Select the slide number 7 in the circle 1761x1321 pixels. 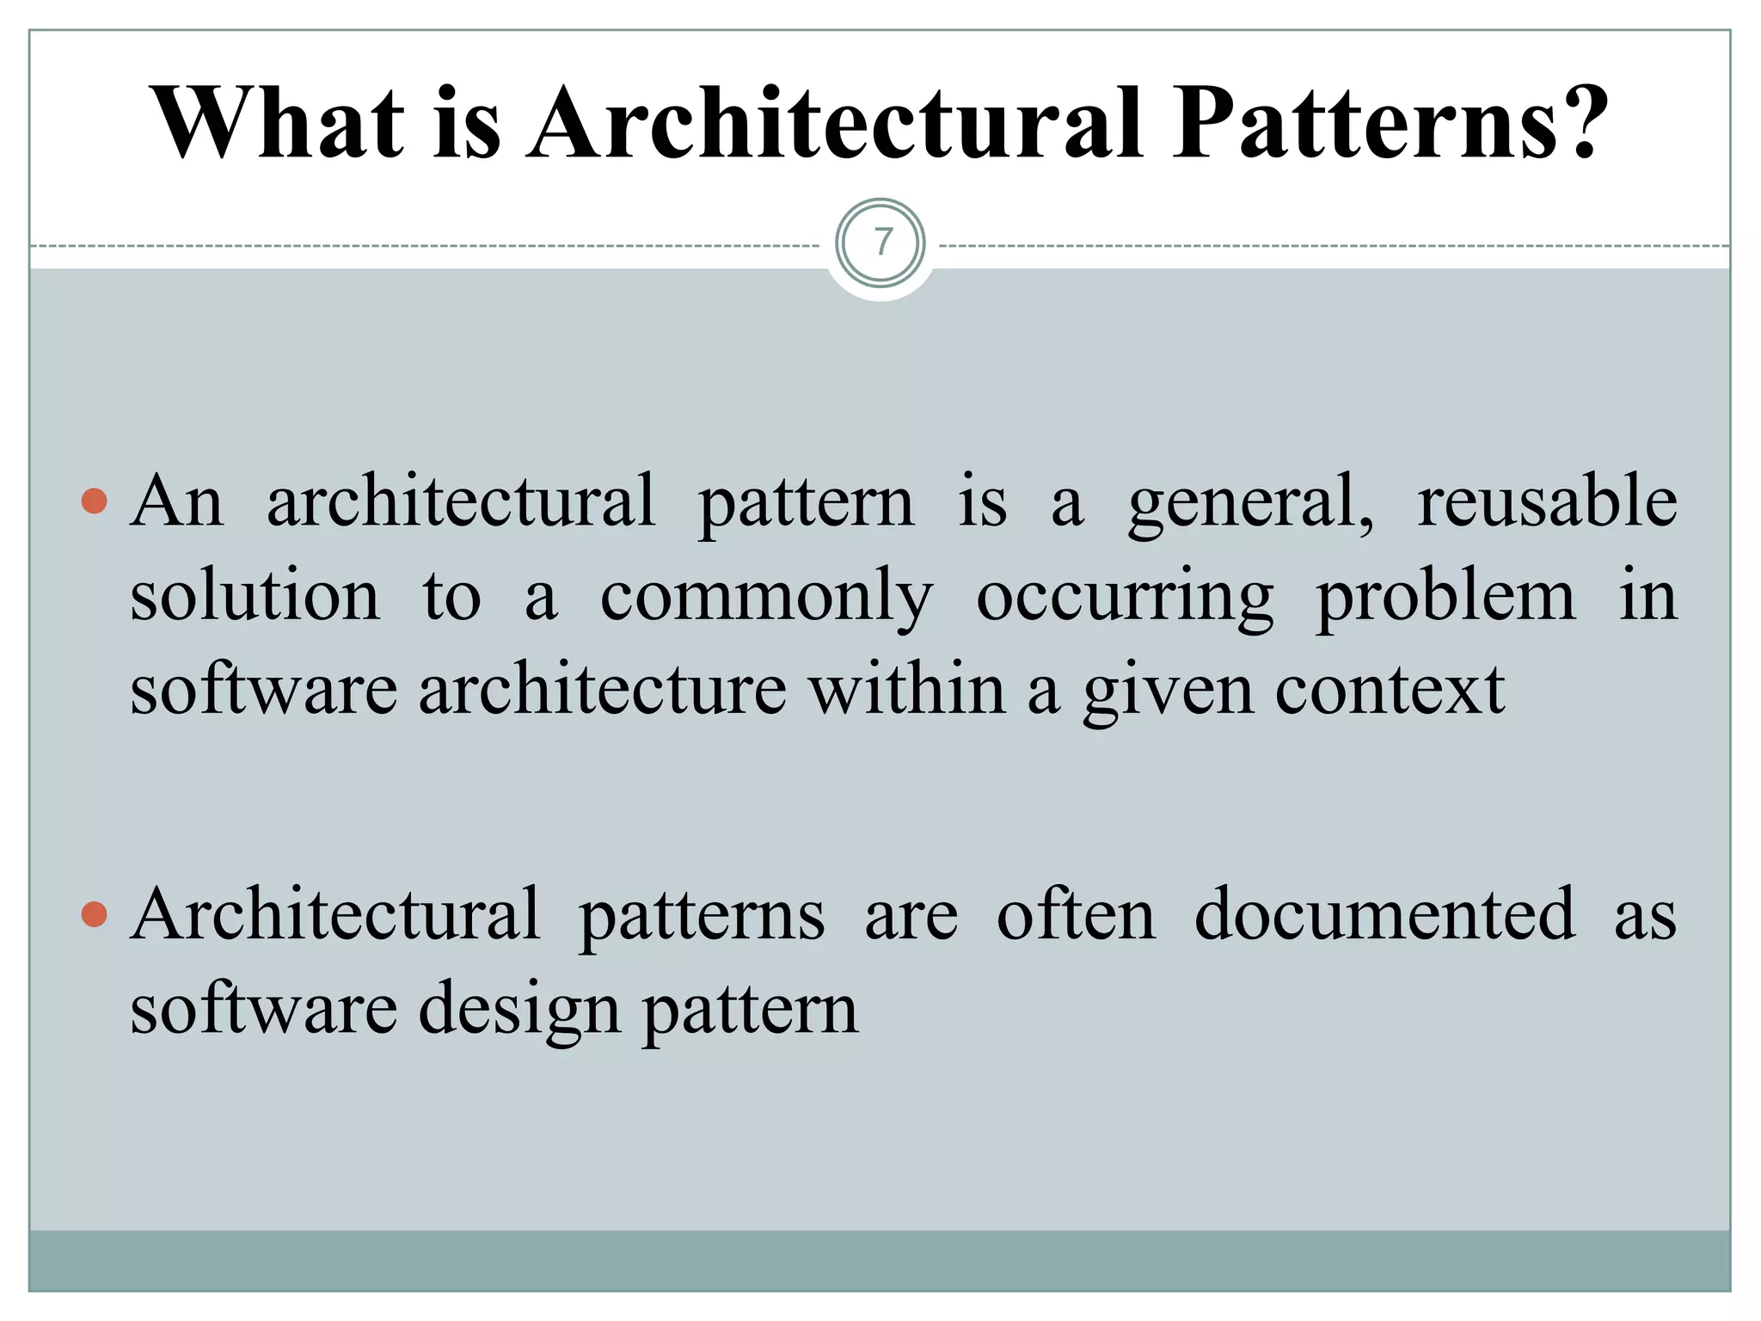[x=881, y=243]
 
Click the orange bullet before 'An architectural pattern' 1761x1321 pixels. [x=94, y=501]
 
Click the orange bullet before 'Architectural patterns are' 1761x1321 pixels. [x=94, y=915]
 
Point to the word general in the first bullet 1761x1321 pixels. [x=1251, y=503]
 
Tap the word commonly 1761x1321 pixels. [x=766, y=598]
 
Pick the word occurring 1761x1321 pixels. [x=1125, y=598]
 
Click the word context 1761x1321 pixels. [x=1390, y=691]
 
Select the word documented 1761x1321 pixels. [x=1385, y=915]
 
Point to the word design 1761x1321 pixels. [x=519, y=1011]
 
